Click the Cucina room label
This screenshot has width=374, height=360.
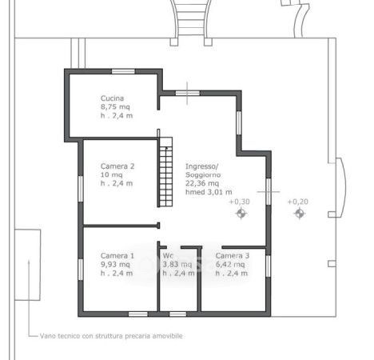[112, 98]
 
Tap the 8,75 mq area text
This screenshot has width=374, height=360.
[115, 107]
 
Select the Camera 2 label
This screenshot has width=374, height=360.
[117, 166]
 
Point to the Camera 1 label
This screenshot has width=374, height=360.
[117, 256]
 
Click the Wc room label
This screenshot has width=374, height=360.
[168, 256]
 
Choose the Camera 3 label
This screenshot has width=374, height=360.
[233, 256]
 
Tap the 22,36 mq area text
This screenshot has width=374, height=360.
[202, 183]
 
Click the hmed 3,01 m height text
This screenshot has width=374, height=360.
[209, 192]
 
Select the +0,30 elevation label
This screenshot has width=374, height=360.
[240, 202]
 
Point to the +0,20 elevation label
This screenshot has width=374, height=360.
[297, 202]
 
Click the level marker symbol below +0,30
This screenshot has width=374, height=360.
[241, 214]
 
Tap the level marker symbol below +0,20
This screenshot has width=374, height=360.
[299, 214]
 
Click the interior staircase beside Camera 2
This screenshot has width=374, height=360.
[165, 172]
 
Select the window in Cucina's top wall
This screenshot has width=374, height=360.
[123, 71]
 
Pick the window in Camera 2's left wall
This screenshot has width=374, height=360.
[81, 189]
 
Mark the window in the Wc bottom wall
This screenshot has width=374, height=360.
[177, 314]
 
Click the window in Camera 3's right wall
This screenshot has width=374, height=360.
[269, 266]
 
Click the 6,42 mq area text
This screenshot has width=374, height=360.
[230, 265]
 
